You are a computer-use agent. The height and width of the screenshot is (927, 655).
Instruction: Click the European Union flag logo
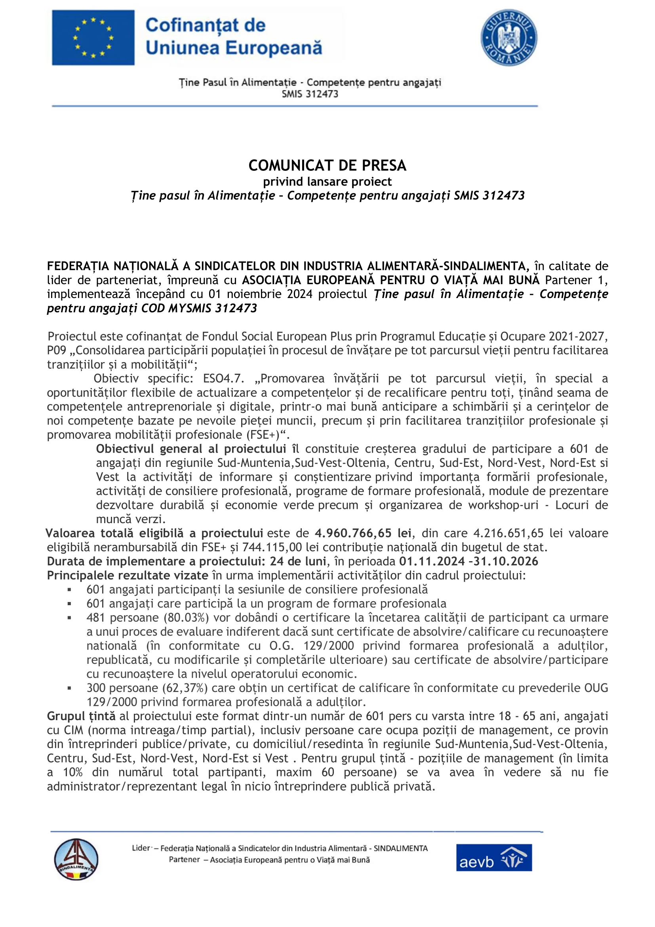(93, 38)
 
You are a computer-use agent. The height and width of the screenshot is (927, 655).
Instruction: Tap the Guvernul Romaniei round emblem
(508, 38)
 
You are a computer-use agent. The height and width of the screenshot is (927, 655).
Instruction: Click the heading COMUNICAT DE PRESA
(327, 166)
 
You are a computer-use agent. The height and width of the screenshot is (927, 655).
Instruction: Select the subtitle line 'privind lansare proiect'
(327, 182)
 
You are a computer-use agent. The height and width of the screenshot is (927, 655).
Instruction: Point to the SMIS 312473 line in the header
(310, 94)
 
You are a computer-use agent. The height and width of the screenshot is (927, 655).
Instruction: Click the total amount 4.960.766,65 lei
(363, 533)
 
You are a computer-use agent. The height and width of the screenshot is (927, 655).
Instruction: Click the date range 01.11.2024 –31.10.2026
(468, 562)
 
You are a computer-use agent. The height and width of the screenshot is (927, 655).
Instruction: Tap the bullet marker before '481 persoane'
(69, 618)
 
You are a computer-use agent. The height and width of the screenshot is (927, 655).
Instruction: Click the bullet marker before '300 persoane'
(69, 688)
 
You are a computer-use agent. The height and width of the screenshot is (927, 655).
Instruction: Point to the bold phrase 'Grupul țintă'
(81, 716)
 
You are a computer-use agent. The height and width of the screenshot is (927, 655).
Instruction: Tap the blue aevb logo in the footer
(494, 858)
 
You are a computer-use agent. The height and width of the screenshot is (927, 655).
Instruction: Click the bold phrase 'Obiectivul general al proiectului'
(191, 449)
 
